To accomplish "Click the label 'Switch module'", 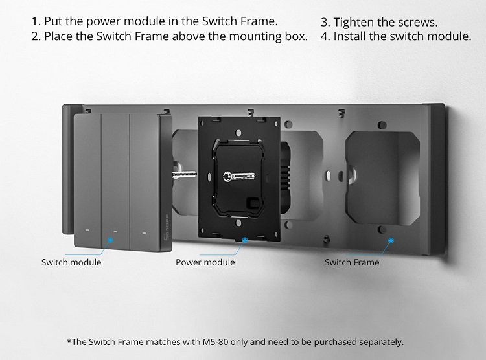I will point(71,262).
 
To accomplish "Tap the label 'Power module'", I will point(205,262).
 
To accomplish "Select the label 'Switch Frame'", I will point(352,262).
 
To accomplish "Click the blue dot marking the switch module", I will point(110,240).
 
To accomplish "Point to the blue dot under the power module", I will point(244,240).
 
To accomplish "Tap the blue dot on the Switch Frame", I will point(391,240).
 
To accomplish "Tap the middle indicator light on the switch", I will point(115,231).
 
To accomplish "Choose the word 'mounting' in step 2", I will point(235,36).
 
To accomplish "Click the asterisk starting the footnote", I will point(69,340).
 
